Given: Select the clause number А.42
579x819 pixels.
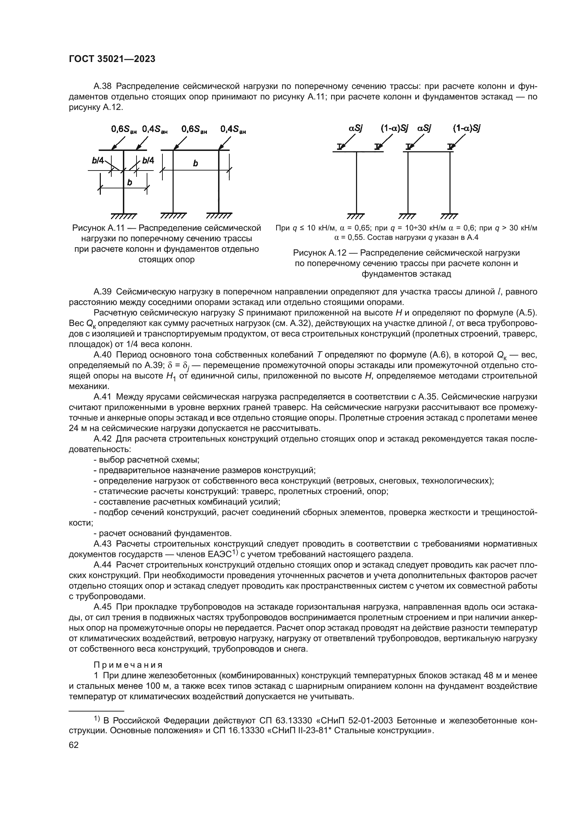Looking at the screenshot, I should click(x=103, y=439).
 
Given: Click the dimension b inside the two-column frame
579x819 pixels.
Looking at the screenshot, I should click(x=195, y=164).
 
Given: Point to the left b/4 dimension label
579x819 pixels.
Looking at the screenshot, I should click(x=98, y=160).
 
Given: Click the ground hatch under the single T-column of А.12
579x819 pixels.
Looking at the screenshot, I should click(x=356, y=216).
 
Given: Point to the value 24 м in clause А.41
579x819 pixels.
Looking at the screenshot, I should click(x=76, y=428).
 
